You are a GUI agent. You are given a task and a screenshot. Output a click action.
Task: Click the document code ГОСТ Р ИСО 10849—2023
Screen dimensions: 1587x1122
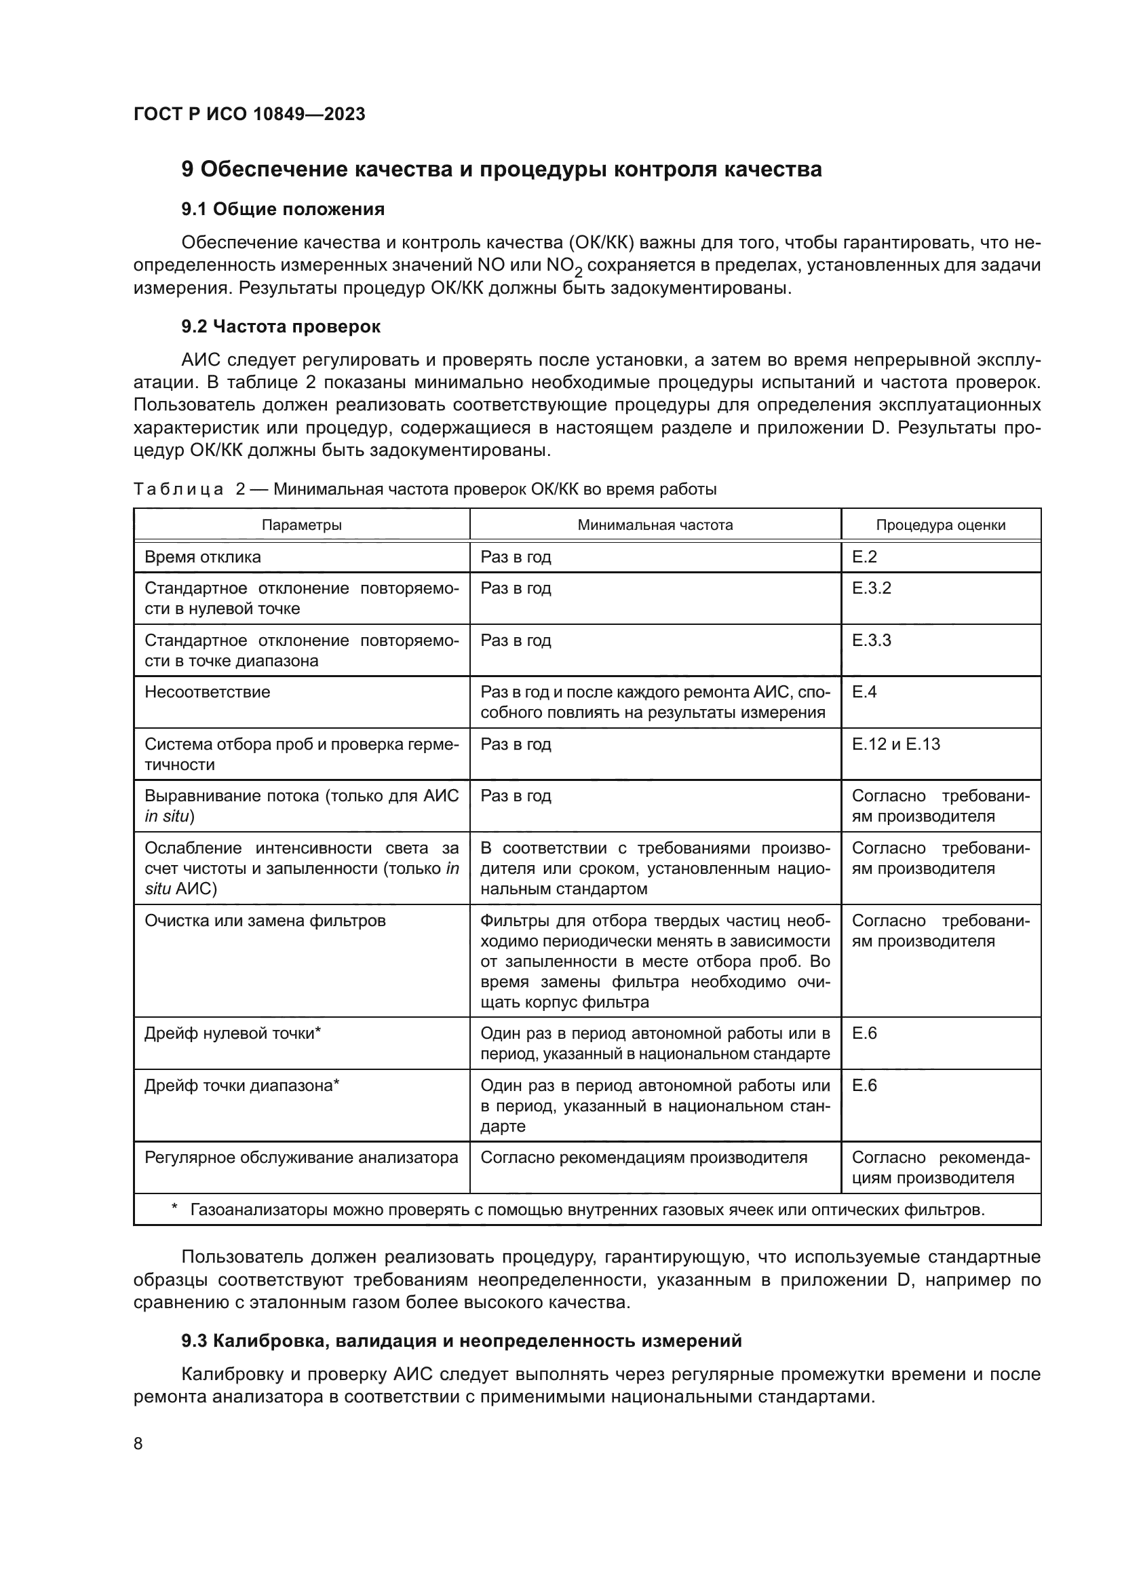pos(250,115)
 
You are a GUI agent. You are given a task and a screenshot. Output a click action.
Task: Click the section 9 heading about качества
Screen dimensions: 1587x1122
pos(501,170)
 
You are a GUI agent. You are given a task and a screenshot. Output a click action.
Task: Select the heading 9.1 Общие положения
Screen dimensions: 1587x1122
pos(283,210)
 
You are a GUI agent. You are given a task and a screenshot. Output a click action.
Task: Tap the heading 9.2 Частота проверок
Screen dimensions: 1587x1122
pos(281,327)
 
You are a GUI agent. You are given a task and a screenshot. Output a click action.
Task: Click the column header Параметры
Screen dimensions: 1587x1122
pos(301,524)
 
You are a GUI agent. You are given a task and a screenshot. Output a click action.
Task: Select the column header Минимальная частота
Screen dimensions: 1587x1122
pos(655,524)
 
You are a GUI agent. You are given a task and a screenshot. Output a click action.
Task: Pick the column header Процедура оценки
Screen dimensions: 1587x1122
pos(940,524)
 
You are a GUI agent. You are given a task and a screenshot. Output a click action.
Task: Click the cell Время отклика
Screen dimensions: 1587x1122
pos(202,557)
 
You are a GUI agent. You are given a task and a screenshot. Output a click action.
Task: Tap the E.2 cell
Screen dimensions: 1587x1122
pos(864,557)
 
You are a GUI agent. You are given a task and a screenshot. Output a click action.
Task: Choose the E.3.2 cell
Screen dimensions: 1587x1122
pos(871,588)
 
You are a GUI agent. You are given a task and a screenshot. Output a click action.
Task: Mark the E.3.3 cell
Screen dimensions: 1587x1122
pos(871,640)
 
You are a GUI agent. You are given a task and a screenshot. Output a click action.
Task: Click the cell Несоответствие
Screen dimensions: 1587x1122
pos(208,692)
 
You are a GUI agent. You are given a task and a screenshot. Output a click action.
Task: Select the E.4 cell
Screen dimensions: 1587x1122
pos(864,692)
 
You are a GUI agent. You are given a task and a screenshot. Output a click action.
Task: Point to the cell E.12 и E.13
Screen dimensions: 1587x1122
pos(895,744)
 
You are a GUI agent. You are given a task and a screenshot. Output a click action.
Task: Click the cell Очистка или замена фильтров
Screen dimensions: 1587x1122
pos(265,921)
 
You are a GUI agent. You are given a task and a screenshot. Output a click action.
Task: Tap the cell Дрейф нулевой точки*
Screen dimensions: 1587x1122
pos(233,1033)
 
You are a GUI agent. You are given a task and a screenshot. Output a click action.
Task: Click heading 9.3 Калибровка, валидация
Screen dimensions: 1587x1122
pos(461,1341)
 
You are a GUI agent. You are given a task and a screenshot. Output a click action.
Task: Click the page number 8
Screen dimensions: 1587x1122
pos(138,1443)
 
